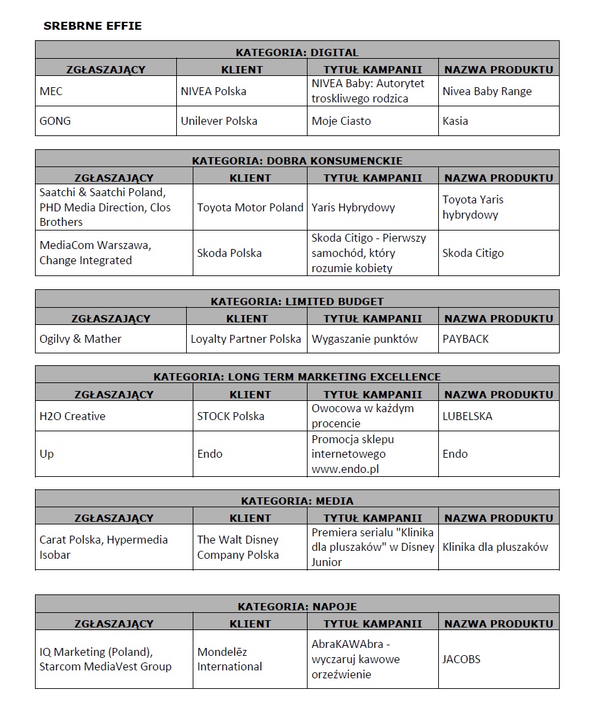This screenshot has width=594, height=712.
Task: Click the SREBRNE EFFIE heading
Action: [92, 26]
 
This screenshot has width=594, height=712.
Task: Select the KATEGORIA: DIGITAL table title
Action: [297, 52]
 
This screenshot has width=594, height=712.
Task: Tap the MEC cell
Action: [51, 91]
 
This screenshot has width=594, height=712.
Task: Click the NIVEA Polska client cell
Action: [213, 91]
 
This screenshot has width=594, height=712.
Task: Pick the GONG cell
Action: [55, 121]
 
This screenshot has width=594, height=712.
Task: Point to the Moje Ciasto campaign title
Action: [341, 121]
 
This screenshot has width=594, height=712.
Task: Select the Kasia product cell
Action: [455, 121]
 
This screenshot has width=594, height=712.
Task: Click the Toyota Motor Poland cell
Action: [250, 207]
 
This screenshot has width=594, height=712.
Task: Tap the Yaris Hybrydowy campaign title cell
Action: [353, 207]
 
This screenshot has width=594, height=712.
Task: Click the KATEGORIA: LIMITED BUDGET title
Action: [297, 301]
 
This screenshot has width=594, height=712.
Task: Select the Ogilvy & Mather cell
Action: [81, 339]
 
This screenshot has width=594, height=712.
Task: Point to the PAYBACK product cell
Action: [465, 339]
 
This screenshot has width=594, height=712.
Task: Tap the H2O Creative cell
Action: [72, 416]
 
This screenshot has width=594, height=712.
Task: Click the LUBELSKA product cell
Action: [467, 416]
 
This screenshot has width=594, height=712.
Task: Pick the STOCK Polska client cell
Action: [230, 416]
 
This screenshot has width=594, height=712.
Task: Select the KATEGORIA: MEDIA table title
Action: [297, 501]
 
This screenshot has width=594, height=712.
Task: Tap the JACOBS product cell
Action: [461, 659]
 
